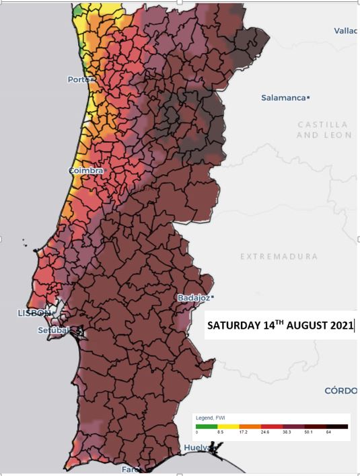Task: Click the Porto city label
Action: click(x=78, y=79)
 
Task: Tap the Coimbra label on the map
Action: click(x=85, y=171)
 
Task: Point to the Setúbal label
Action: click(x=54, y=329)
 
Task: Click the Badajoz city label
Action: click(x=193, y=297)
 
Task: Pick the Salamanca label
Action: click(x=283, y=98)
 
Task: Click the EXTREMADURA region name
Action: click(x=279, y=257)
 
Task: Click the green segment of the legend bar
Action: click(x=206, y=426)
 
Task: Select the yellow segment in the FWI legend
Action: click(x=227, y=426)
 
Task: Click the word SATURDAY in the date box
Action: click(x=232, y=326)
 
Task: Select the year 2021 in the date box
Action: click(x=342, y=326)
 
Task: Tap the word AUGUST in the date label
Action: click(x=308, y=326)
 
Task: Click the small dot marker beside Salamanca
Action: click(x=308, y=98)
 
